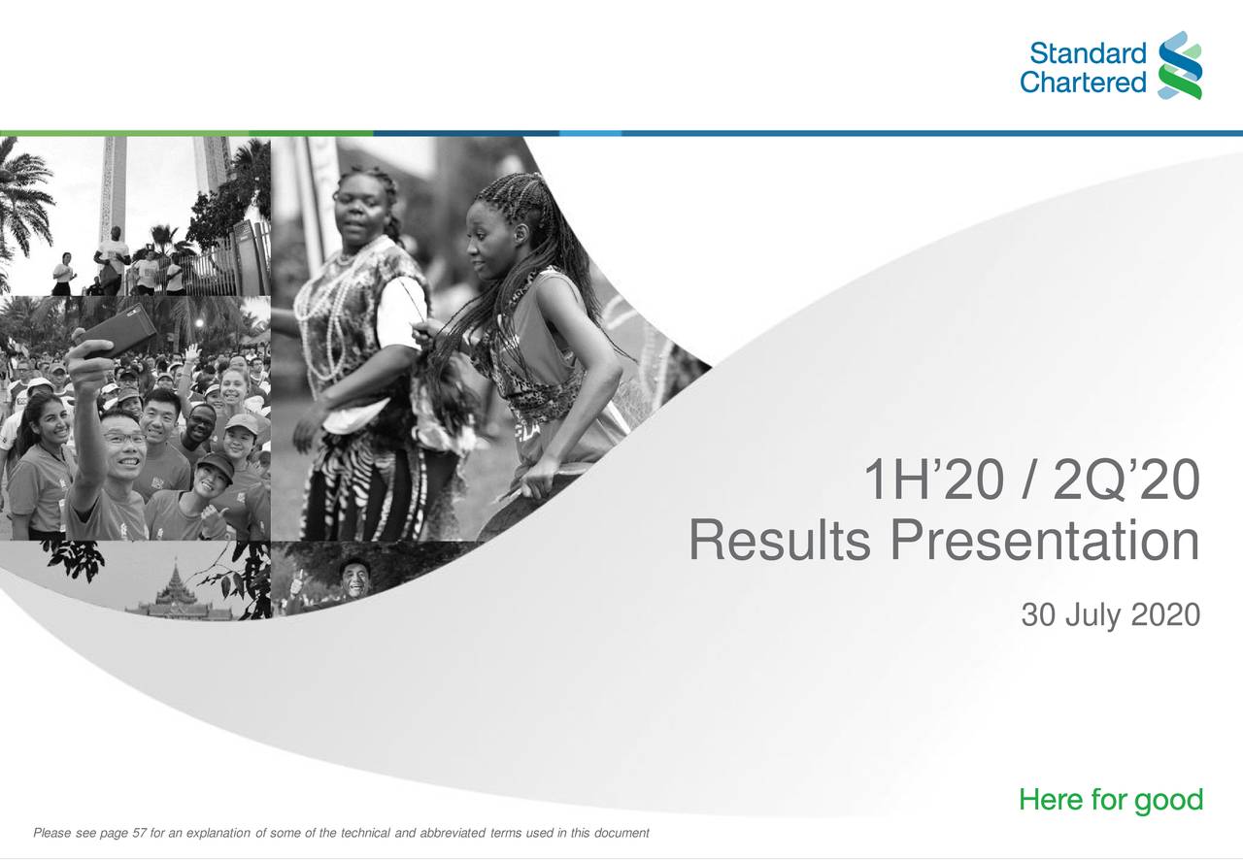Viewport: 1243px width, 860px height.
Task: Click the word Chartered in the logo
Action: pos(1083,83)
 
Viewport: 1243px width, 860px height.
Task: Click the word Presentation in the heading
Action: pos(1045,541)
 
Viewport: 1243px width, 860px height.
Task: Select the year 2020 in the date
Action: pos(1165,615)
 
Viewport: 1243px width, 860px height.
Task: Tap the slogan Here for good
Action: pos(1110,801)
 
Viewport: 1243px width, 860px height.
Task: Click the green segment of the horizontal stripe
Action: pos(185,133)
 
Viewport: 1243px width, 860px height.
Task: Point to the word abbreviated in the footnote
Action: pos(455,834)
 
